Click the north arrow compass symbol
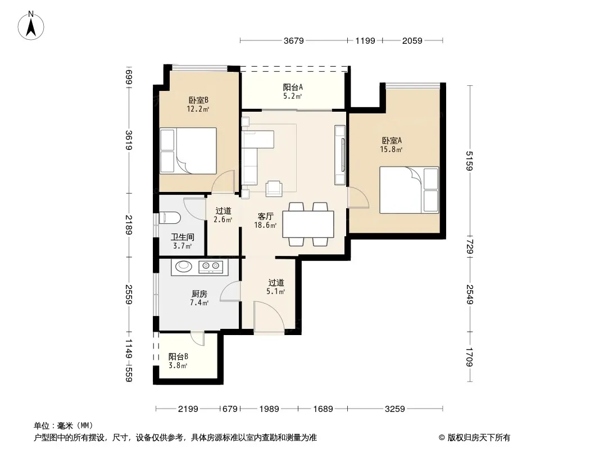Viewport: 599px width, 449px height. pyautogui.click(x=31, y=26)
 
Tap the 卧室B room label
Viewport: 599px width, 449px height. pyautogui.click(x=198, y=100)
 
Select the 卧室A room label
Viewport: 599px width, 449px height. pyautogui.click(x=392, y=140)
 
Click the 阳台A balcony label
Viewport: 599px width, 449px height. pyautogui.click(x=293, y=88)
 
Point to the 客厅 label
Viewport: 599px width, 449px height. pyautogui.click(x=265, y=216)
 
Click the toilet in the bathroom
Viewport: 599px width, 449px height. pyautogui.click(x=170, y=217)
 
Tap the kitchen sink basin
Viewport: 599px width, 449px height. pyautogui.click(x=184, y=266)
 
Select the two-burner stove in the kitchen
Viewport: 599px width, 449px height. pyautogui.click(x=211, y=266)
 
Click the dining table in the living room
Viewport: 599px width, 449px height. pyautogui.click(x=308, y=224)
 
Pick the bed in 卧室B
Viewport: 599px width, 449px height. pyautogui.click(x=188, y=150)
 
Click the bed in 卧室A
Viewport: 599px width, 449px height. pyautogui.click(x=409, y=190)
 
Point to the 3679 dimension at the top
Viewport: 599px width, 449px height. pyautogui.click(x=293, y=40)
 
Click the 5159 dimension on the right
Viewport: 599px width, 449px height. pyautogui.click(x=470, y=161)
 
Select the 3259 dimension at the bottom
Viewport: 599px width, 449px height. pyautogui.click(x=394, y=409)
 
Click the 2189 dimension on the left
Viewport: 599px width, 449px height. pyautogui.click(x=129, y=225)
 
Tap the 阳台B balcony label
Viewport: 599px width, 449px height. pyautogui.click(x=178, y=357)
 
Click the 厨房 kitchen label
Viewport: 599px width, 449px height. pyautogui.click(x=199, y=294)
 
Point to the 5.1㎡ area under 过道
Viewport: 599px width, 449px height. pyautogui.click(x=276, y=292)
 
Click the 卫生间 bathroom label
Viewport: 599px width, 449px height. pyautogui.click(x=182, y=237)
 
